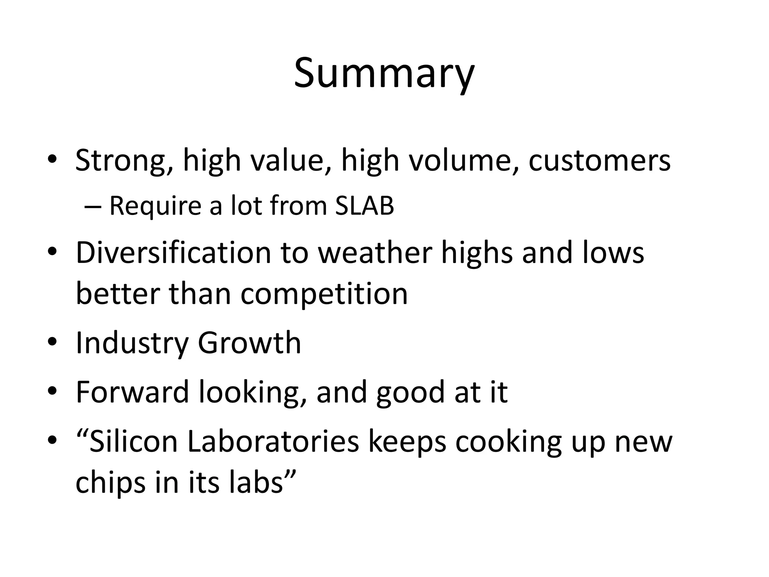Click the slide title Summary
pyautogui.click(x=384, y=73)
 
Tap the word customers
pyautogui.click(x=599, y=161)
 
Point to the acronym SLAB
pyautogui.click(x=364, y=206)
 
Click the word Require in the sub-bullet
pyautogui.click(x=155, y=206)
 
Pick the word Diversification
pyautogui.click(x=173, y=253)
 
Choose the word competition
pyautogui.click(x=324, y=294)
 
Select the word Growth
pyautogui.click(x=249, y=343)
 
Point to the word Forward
pyautogui.click(x=132, y=392)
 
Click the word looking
pyautogui.click(x=252, y=392)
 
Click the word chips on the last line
pyautogui.click(x=110, y=483)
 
